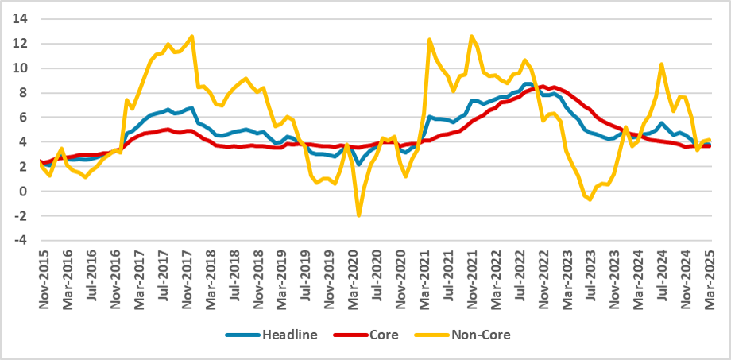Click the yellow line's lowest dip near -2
point(359,215)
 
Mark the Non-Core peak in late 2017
point(191,36)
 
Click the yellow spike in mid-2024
point(661,64)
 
